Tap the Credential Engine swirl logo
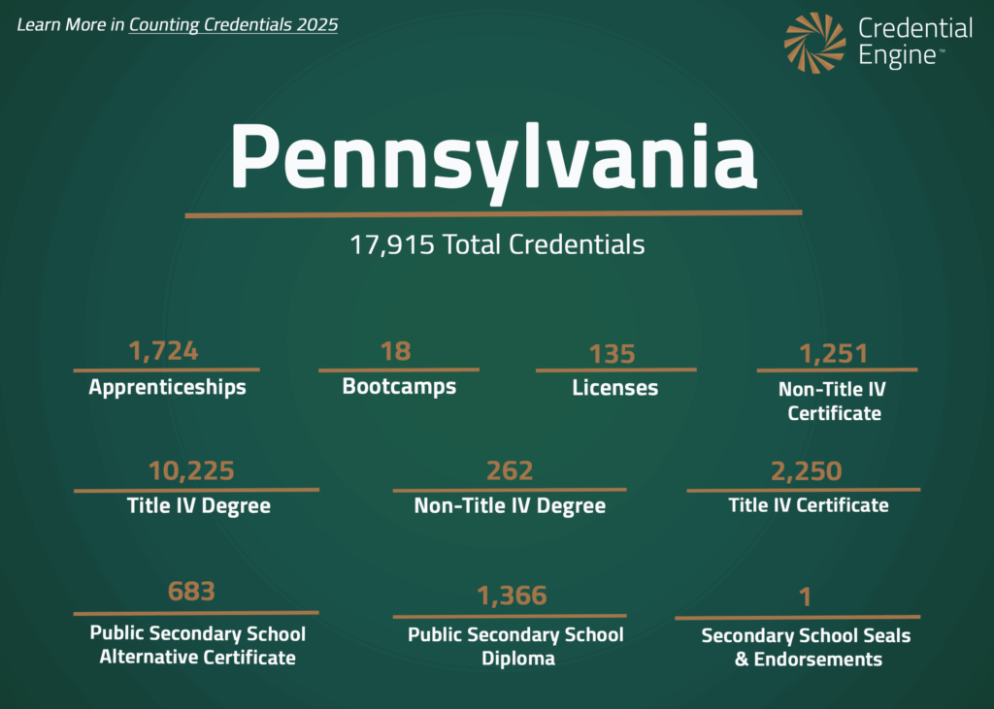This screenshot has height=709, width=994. click(815, 43)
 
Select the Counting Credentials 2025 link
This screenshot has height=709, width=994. click(233, 25)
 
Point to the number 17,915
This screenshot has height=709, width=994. click(392, 244)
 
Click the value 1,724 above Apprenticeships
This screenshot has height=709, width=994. click(164, 350)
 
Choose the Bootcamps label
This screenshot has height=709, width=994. click(399, 386)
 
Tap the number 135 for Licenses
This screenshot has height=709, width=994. click(613, 354)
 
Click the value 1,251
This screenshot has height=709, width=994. click(834, 353)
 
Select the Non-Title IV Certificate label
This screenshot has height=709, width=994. click(834, 401)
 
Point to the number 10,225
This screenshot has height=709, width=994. click(191, 471)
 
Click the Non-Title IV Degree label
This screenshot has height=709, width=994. click(510, 505)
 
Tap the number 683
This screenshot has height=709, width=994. click(191, 591)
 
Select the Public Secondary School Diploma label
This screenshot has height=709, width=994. click(515, 646)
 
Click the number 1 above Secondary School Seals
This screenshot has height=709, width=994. click(805, 597)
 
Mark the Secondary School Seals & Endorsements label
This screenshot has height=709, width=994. click(806, 648)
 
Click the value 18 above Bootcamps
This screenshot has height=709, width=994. click(396, 350)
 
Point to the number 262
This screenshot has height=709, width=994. click(510, 471)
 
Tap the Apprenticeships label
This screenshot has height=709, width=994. click(167, 387)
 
